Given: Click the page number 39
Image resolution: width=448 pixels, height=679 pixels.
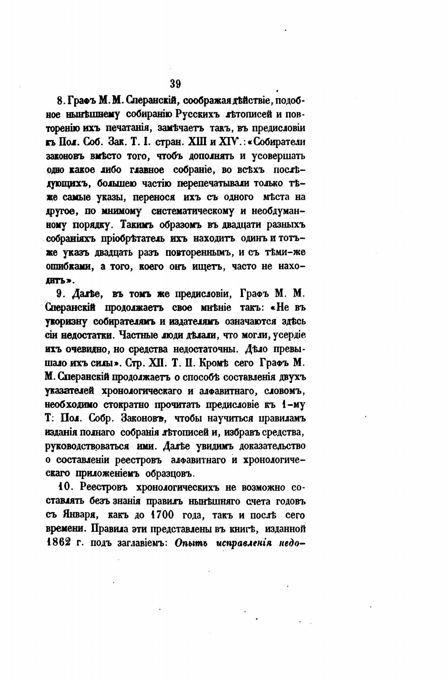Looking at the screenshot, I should (175, 84).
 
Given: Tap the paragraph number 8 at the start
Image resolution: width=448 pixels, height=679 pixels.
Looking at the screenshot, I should (61, 101).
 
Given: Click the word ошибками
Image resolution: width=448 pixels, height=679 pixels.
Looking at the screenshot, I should (70, 266).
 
